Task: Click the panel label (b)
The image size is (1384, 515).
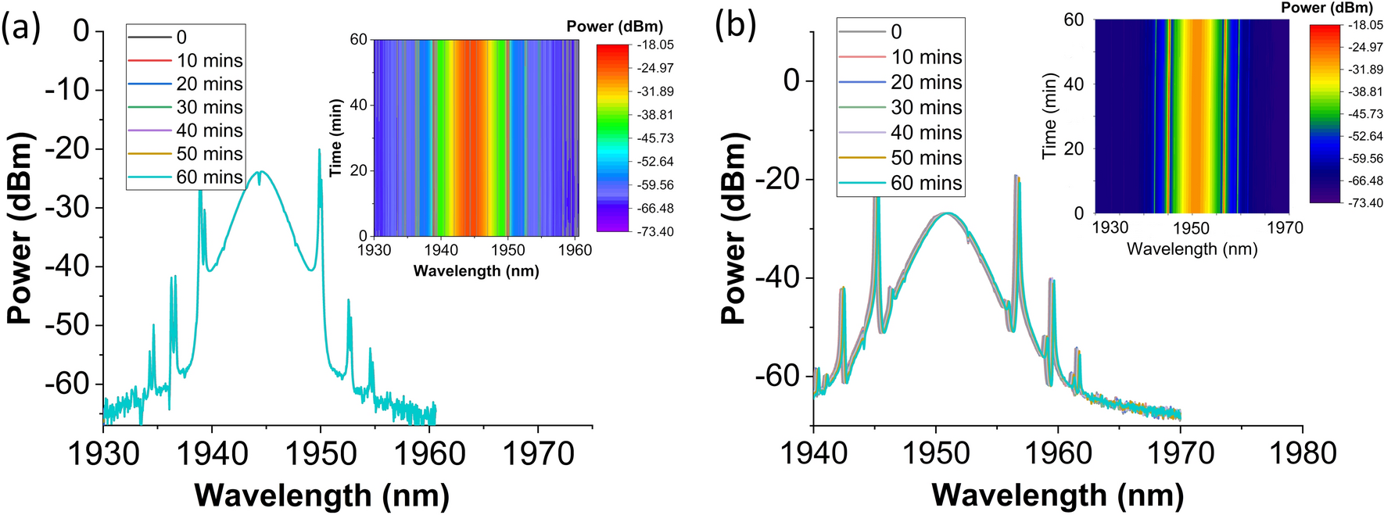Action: click(735, 25)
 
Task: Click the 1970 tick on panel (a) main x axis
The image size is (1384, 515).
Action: click(538, 453)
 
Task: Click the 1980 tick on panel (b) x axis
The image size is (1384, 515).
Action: click(1302, 453)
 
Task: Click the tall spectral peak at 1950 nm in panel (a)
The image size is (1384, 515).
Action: click(320, 151)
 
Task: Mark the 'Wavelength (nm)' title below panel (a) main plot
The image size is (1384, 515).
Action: click(321, 495)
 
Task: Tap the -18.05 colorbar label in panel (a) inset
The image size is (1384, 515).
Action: click(654, 45)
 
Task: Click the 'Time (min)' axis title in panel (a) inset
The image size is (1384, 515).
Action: click(336, 138)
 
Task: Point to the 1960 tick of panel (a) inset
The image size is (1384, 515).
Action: click(575, 250)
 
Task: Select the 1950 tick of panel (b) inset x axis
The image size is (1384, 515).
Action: click(1192, 227)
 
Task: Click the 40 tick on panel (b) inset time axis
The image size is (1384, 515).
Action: click(1074, 84)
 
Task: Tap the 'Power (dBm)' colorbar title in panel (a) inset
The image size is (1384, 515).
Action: click(614, 27)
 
